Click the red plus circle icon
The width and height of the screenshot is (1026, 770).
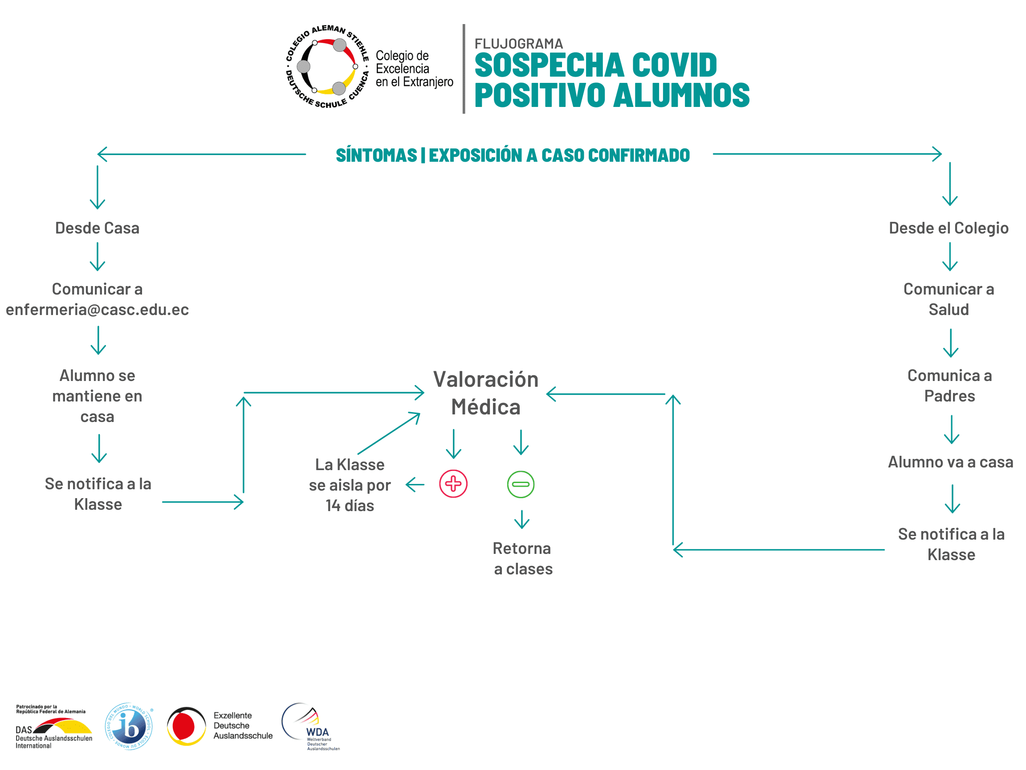tap(453, 483)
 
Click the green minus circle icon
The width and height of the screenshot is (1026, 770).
tap(521, 484)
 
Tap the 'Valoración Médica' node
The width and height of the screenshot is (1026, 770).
tap(486, 393)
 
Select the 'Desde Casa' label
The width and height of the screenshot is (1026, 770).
tap(98, 228)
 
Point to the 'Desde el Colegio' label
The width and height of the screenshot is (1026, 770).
tap(949, 228)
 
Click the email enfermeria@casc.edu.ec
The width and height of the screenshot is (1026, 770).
tap(98, 310)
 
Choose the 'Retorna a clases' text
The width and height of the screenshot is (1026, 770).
tap(523, 558)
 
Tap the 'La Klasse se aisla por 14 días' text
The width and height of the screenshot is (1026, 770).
tap(350, 485)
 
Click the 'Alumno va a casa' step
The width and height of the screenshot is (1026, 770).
tap(950, 462)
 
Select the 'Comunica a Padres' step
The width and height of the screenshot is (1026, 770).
tap(949, 385)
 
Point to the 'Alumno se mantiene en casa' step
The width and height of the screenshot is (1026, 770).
tap(98, 396)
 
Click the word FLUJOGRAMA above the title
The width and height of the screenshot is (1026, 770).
tap(518, 44)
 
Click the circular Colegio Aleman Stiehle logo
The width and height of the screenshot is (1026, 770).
tap(327, 67)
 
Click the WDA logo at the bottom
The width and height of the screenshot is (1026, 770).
tap(310, 726)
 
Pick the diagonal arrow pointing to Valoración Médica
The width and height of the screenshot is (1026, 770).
tap(389, 433)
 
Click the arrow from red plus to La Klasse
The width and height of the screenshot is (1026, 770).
tap(415, 485)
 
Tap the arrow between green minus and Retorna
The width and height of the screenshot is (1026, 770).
tap(522, 520)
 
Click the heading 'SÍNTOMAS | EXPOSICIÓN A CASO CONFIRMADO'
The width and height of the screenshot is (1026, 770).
tap(513, 155)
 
